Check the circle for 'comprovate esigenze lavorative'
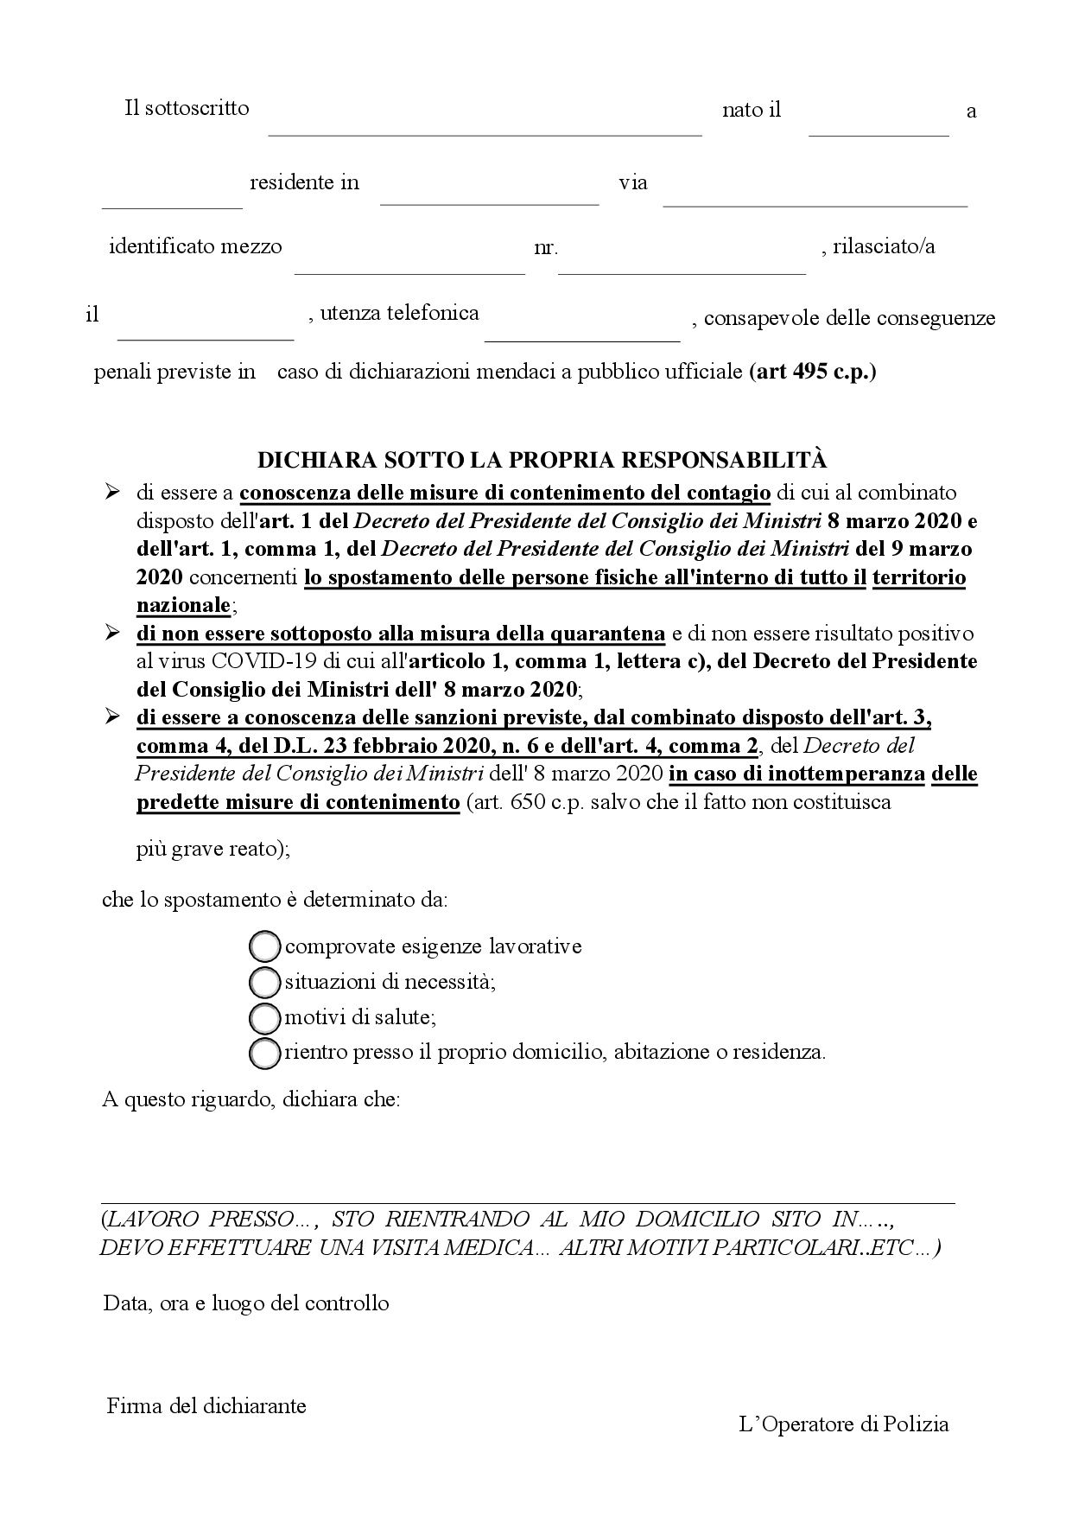click(264, 946)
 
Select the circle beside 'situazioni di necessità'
click(264, 982)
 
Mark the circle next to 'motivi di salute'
click(264, 1017)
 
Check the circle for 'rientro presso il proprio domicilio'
click(264, 1053)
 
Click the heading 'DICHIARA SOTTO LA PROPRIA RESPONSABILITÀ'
click(543, 459)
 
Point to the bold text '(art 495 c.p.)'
click(813, 373)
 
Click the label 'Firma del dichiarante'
click(206, 1405)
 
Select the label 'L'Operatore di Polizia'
click(844, 1424)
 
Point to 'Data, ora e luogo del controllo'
click(246, 1303)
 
